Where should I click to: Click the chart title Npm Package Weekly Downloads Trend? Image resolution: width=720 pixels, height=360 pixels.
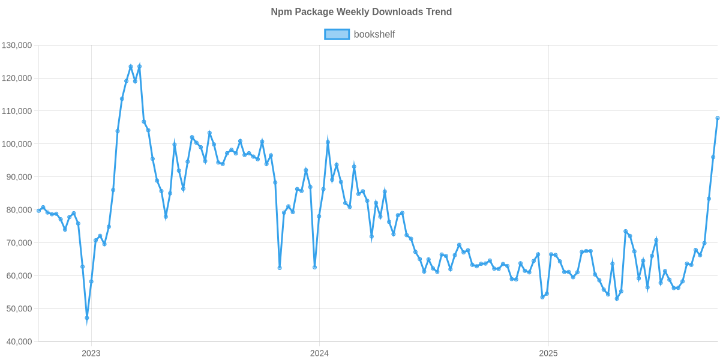361,12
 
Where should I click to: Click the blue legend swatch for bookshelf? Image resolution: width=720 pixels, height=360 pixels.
337,34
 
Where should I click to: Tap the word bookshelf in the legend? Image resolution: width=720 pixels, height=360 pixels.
374,34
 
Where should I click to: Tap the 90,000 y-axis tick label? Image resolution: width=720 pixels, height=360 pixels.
19,178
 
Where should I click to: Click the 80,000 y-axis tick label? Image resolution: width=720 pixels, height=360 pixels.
19,210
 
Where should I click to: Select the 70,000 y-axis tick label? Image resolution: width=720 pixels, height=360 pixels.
19,243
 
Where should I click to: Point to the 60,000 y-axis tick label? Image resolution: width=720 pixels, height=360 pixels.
19,276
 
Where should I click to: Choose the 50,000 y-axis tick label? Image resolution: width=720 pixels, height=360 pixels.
19,309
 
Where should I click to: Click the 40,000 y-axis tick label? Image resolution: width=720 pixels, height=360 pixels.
19,342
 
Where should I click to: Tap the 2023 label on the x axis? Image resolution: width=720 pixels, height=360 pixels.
91,353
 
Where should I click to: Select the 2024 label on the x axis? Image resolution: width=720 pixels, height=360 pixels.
319,353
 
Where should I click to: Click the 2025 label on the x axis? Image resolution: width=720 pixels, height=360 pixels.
548,353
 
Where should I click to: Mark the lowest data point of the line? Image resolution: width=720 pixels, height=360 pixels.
87,318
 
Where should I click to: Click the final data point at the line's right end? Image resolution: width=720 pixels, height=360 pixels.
718,118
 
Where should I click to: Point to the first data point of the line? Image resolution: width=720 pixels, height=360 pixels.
38,211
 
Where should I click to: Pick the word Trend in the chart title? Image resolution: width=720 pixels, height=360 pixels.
440,12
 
